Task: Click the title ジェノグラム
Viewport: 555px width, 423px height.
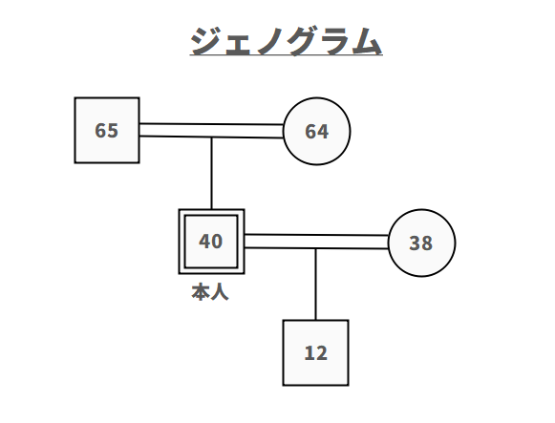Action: coord(287,42)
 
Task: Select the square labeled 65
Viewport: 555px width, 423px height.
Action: coord(107,130)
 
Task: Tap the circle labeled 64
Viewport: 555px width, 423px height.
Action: coord(317,131)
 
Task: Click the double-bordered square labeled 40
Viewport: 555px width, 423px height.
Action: coord(211,242)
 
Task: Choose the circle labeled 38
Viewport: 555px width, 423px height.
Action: coord(421,243)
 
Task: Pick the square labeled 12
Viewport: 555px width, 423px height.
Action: coord(315,352)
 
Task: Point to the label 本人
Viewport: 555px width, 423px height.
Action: coord(210,292)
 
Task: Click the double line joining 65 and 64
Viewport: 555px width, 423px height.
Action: coord(211,131)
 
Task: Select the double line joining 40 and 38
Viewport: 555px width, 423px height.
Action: coord(316,242)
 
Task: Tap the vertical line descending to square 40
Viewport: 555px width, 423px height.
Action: coord(211,172)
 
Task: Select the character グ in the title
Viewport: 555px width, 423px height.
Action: coord(287,42)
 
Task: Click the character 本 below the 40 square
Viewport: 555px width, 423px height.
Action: coord(201,292)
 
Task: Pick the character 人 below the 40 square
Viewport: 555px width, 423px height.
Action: coord(220,292)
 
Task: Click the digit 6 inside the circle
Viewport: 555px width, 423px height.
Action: coord(311,132)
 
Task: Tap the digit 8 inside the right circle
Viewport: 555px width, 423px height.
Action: coord(426,243)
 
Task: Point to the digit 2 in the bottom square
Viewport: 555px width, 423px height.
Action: coord(321,353)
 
